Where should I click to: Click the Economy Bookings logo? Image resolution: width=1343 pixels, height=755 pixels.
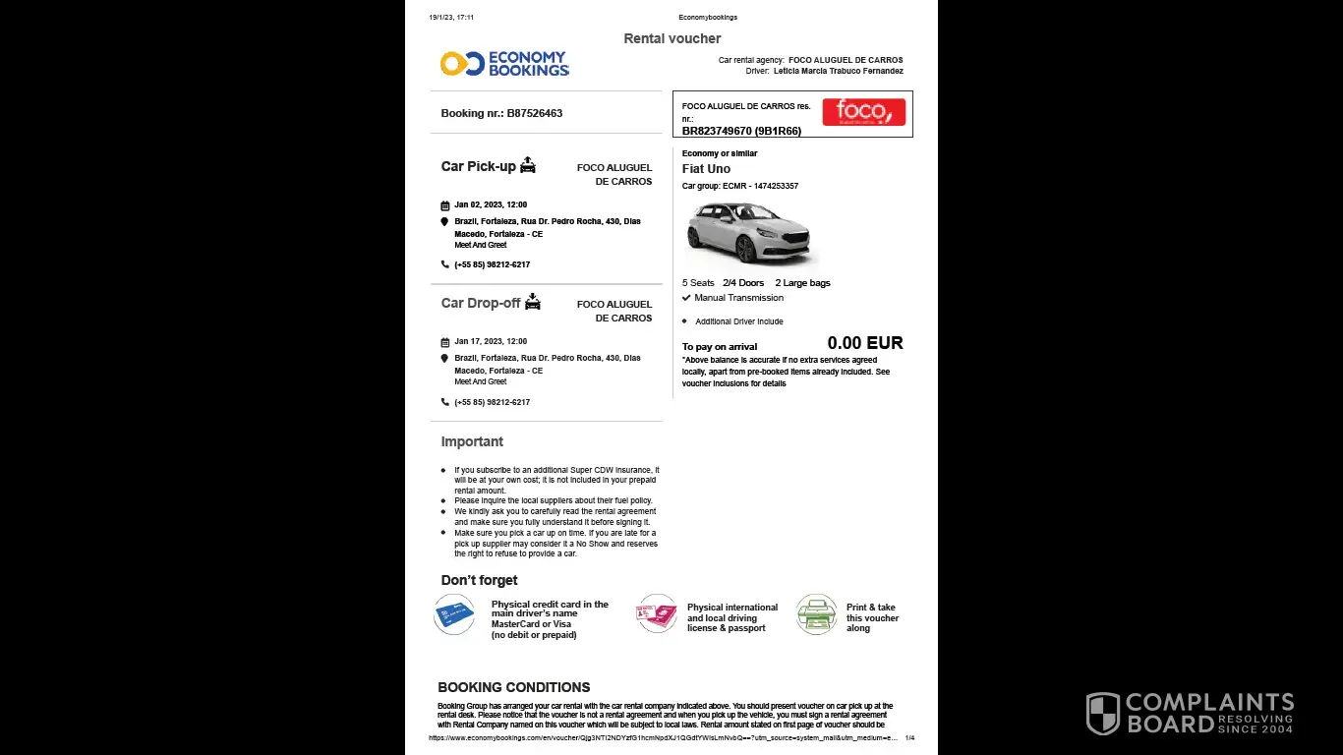click(504, 64)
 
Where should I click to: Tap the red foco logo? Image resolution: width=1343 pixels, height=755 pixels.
click(863, 112)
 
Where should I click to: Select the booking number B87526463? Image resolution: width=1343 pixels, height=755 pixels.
click(501, 113)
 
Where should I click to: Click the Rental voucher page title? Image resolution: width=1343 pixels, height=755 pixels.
click(672, 38)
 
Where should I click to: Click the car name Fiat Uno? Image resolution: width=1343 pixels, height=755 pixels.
click(706, 169)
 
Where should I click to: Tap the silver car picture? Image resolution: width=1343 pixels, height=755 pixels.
click(749, 232)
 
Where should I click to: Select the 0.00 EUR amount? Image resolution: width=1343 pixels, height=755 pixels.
click(864, 343)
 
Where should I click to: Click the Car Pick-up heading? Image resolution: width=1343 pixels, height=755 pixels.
click(478, 166)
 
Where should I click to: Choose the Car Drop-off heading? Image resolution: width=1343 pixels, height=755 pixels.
click(480, 303)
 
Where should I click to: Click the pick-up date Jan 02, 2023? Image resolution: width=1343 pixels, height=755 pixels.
click(491, 204)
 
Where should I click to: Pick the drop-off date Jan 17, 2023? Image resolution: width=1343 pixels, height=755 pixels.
click(491, 341)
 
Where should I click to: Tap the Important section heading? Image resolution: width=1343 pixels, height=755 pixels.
click(472, 441)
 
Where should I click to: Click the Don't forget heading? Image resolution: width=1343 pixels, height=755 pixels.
click(479, 580)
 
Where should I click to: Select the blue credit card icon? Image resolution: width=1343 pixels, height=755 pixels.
click(454, 614)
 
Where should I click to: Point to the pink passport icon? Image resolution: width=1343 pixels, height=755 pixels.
click(657, 614)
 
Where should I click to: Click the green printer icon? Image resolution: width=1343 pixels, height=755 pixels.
click(816, 614)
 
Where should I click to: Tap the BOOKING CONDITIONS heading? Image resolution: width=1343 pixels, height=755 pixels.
click(513, 687)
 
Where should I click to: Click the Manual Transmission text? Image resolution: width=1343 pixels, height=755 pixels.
click(738, 298)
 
